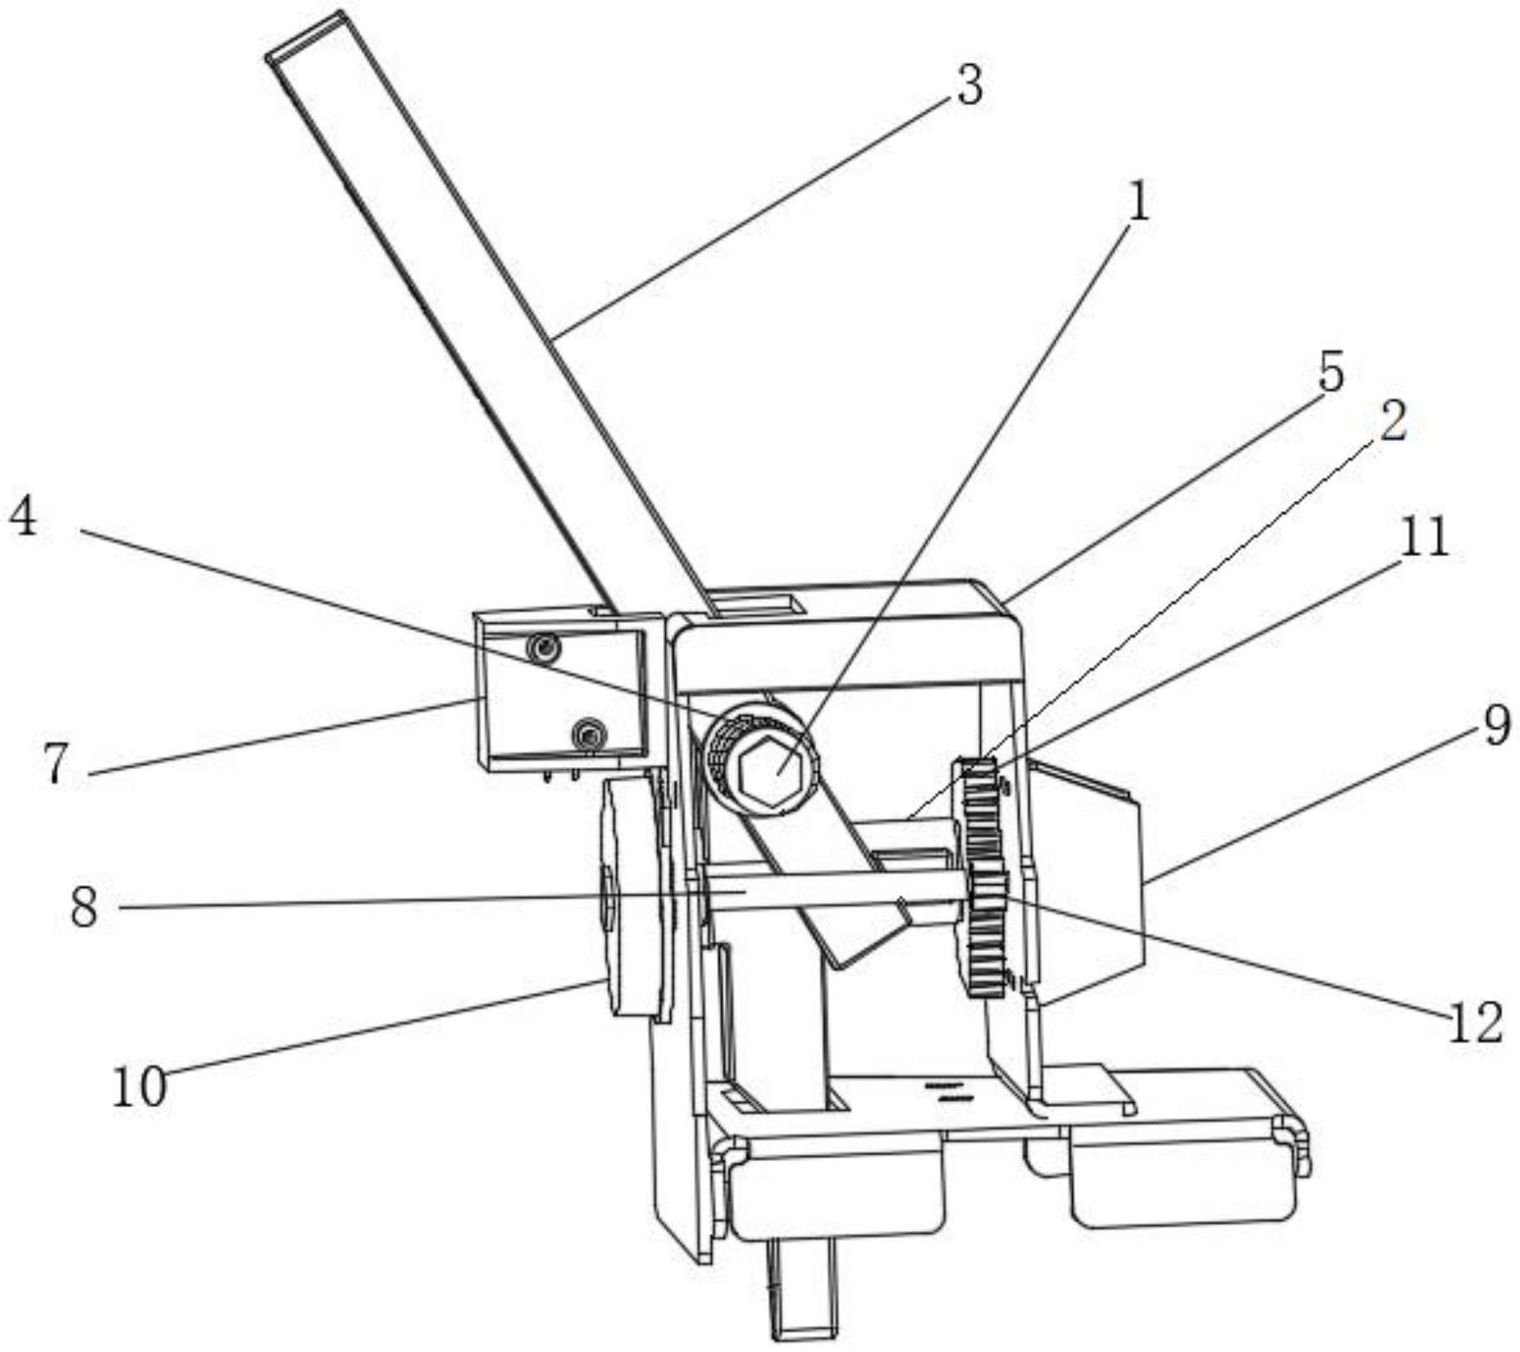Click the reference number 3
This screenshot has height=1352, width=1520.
(970, 88)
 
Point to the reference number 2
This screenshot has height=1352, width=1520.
(1391, 423)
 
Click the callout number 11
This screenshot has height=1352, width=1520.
(1424, 537)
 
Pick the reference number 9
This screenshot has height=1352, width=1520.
(1495, 725)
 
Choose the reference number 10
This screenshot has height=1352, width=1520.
(139, 1086)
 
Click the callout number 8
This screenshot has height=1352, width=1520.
(84, 908)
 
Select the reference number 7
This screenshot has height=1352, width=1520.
(56, 764)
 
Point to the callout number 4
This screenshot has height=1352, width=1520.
(23, 519)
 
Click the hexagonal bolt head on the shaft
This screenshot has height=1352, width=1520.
(764, 765)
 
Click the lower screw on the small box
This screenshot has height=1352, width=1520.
(589, 736)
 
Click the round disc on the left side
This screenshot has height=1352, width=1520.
(634, 898)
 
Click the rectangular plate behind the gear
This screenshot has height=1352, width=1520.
(1089, 868)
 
